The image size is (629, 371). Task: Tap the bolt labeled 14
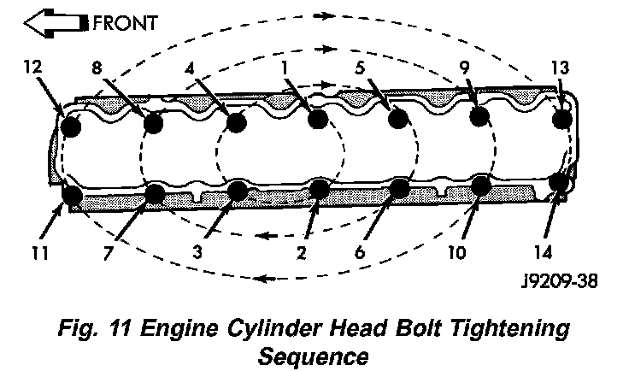[559, 182]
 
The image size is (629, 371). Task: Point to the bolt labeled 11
[73, 196]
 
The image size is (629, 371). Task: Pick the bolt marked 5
[397, 118]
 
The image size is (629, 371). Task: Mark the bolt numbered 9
[479, 116]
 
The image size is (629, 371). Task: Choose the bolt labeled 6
[400, 189]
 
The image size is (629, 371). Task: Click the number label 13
[559, 66]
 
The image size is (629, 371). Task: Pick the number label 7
[106, 253]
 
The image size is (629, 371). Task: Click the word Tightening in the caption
[504, 328]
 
